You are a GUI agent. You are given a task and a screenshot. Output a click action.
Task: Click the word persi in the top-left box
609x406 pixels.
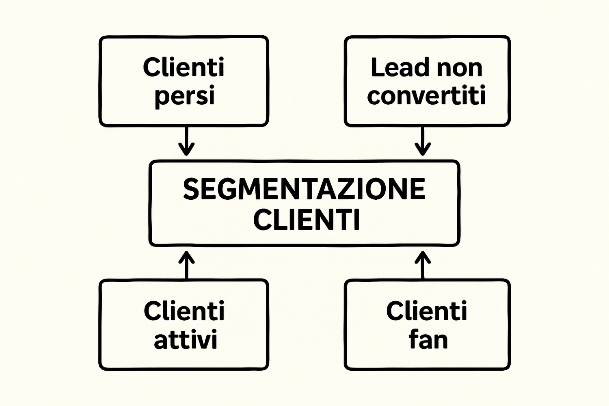[x=184, y=97]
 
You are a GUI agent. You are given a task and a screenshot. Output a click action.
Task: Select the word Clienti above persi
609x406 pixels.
[x=184, y=67]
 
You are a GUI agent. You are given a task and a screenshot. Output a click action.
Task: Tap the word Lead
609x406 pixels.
[x=400, y=67]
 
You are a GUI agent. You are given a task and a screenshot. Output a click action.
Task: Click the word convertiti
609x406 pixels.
[x=426, y=96]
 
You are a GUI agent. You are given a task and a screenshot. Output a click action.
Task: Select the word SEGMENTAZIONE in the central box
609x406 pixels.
[x=304, y=189]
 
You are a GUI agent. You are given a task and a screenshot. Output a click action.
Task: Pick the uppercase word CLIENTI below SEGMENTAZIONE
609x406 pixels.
[x=307, y=220]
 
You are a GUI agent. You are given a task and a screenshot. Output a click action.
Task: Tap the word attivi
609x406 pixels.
[x=186, y=340]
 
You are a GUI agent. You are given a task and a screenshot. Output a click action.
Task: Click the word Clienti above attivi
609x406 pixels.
[x=184, y=311]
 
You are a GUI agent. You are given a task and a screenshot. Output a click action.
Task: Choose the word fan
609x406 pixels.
[x=428, y=340]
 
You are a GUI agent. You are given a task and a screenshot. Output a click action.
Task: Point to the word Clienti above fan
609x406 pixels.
[x=427, y=311]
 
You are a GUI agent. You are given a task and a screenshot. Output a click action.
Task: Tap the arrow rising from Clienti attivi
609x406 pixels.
[x=186, y=264]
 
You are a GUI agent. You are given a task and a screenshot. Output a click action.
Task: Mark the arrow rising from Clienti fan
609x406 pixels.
[x=423, y=264]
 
